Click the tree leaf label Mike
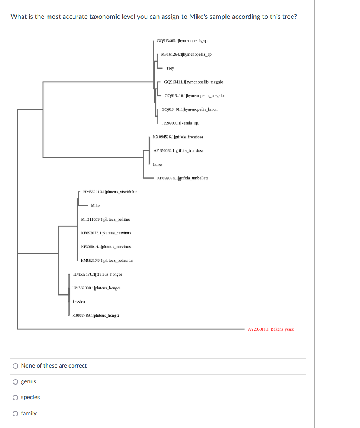(95, 206)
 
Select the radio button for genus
(15, 382)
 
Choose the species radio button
(15, 398)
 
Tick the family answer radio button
(15, 414)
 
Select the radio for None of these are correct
(15, 366)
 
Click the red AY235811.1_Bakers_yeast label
(271, 329)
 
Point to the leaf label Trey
(170, 69)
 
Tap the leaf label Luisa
(157, 164)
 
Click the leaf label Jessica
(79, 302)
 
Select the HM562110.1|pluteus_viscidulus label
(110, 192)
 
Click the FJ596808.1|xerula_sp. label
(180, 123)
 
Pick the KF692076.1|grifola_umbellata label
(183, 178)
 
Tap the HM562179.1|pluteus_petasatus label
(107, 261)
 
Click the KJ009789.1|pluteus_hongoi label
(96, 316)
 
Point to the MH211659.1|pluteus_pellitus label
(105, 219)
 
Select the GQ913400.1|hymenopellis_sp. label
(182, 41)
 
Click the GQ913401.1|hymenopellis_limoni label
(190, 109)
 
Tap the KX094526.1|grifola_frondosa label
(178, 137)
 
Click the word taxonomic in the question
(104, 17)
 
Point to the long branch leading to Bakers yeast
(131, 329)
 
